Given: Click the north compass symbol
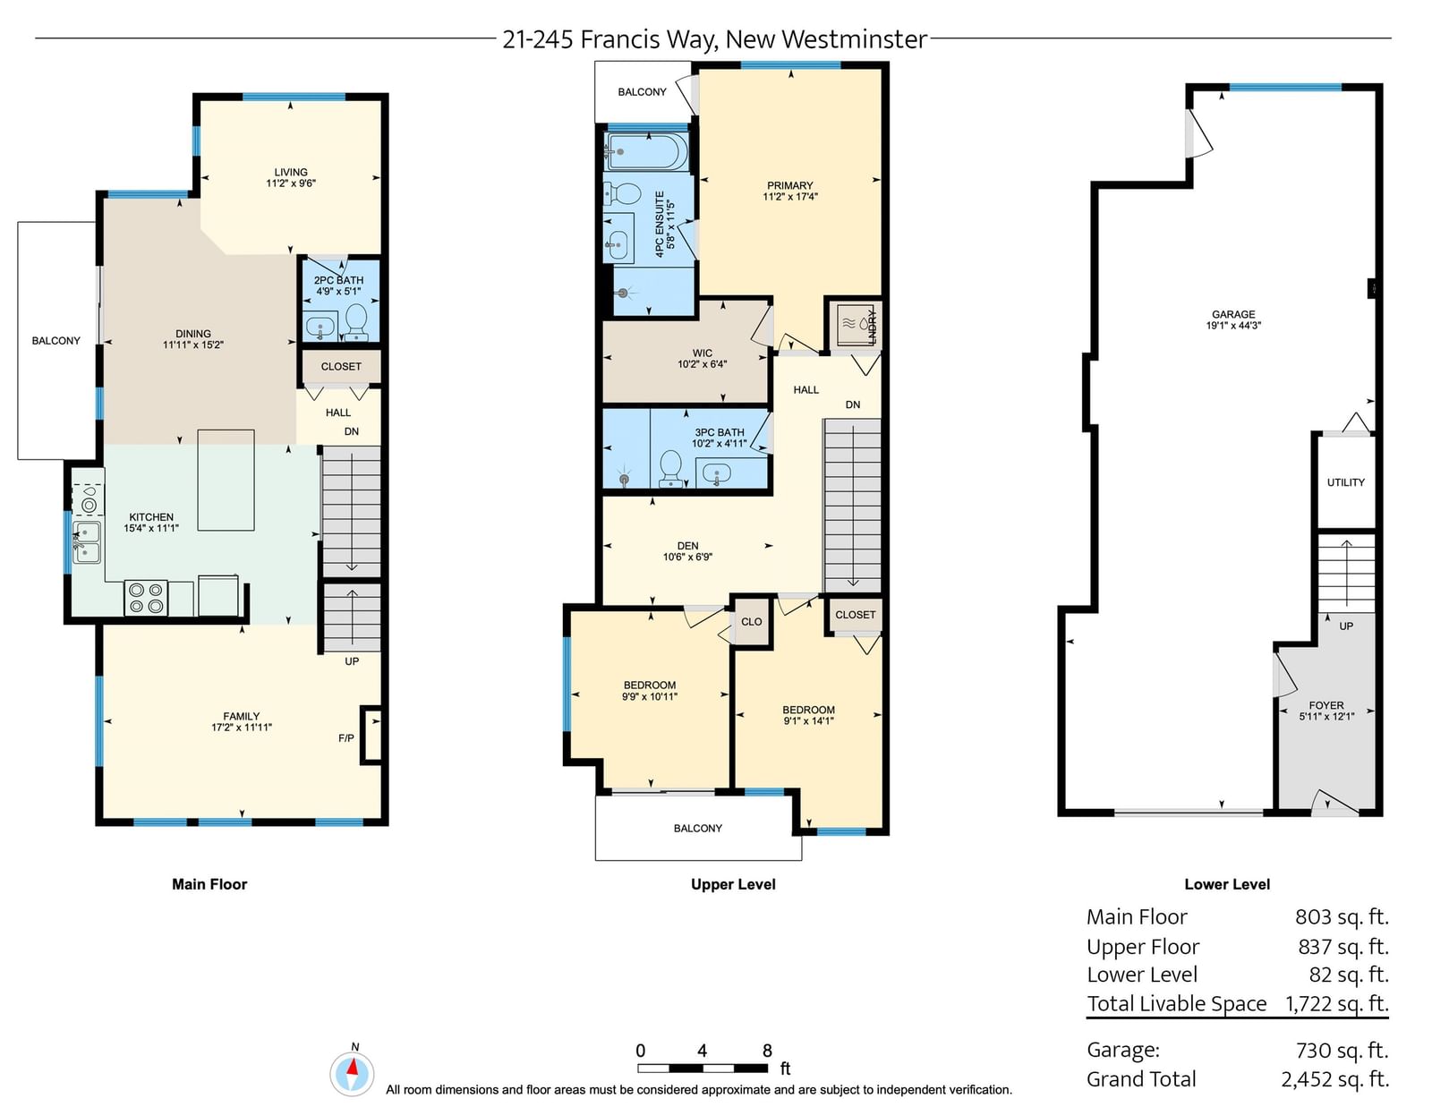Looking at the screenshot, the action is (352, 1072).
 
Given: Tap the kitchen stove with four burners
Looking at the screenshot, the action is (146, 599).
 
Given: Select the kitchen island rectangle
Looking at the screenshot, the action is (226, 480).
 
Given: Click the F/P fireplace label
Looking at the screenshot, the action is (346, 738).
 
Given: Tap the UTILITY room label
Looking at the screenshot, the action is (1346, 482).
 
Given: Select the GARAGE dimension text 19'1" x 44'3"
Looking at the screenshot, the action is (1233, 325).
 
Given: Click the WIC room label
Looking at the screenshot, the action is (703, 353).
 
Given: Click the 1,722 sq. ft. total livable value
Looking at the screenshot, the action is (1337, 1003).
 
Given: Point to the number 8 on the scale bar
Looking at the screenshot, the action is (767, 1051).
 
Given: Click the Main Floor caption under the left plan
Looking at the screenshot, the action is (209, 884).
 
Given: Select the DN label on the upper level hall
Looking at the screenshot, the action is (853, 404).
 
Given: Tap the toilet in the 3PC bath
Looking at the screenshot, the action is (671, 468).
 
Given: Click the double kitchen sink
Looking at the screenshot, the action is (86, 541).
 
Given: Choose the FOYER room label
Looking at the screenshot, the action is (1326, 705).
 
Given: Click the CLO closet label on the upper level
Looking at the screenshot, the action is (751, 621).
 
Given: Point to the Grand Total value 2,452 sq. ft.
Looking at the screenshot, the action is (1335, 1079).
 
